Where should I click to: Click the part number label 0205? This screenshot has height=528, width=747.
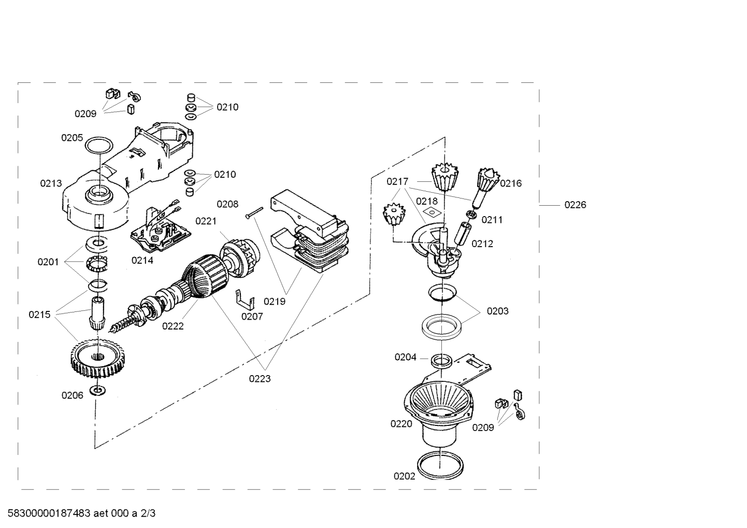72,138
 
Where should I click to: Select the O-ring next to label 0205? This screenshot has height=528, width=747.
99,140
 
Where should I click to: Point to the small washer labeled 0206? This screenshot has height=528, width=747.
98,390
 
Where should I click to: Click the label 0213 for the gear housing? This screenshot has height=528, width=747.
51,183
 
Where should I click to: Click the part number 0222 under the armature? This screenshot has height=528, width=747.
173,326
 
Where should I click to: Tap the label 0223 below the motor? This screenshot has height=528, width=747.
260,379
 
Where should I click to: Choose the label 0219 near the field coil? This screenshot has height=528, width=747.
275,302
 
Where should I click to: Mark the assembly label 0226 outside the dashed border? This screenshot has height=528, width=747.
575,205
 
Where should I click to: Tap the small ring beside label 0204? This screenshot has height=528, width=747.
441,361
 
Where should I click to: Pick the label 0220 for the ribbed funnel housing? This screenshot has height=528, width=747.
401,424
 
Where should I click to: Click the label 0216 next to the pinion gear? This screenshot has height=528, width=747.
511,183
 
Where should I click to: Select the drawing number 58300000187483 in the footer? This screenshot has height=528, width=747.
49,513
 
